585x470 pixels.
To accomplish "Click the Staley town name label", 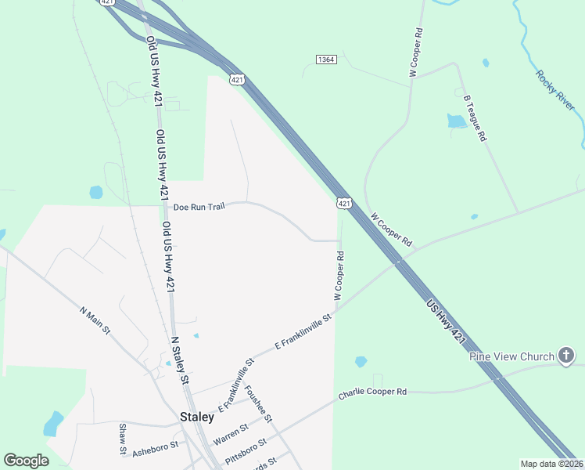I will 196,417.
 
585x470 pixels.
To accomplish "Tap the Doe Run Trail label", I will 199,208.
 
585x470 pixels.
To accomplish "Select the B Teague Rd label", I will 476,118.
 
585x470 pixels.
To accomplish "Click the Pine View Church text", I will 511,357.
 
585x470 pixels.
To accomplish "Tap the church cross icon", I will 566,356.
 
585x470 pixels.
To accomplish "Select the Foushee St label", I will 257,403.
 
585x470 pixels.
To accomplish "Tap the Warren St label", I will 231,434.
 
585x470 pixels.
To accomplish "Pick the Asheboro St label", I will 155,447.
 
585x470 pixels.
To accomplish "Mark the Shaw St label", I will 123,439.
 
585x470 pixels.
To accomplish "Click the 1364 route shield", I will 326,60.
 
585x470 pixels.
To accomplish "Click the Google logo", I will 27,461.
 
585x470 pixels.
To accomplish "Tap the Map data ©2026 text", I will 551,464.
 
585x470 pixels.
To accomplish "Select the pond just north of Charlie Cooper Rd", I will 361,362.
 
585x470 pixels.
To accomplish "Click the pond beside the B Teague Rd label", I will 456,121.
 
